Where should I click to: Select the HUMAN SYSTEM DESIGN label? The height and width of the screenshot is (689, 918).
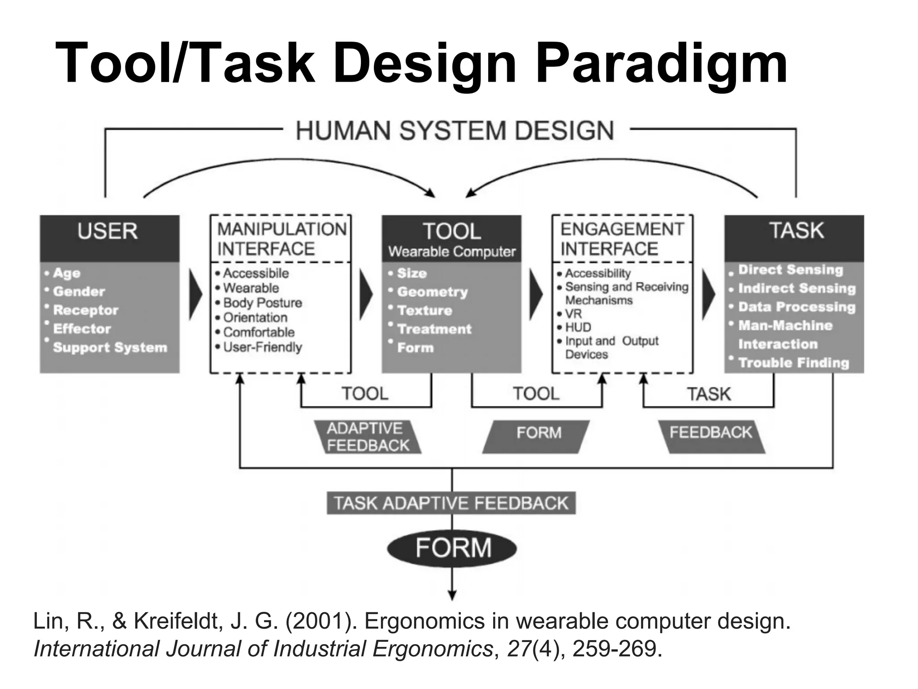455,131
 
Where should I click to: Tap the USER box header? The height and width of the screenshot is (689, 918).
108,231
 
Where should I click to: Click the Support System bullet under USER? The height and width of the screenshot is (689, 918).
110,348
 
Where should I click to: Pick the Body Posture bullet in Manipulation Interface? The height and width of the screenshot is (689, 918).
262,303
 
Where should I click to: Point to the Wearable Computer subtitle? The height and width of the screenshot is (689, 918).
452,252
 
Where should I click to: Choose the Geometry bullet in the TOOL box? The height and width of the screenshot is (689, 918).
432,292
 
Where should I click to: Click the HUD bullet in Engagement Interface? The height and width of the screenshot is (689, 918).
578,327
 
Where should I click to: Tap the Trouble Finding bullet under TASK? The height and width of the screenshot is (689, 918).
793,362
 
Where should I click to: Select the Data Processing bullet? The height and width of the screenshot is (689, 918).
797,307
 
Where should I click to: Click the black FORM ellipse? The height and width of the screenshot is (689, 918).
452,548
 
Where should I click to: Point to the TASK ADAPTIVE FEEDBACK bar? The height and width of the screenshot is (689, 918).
451,503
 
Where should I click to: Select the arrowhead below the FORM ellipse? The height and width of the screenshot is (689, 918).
452,595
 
